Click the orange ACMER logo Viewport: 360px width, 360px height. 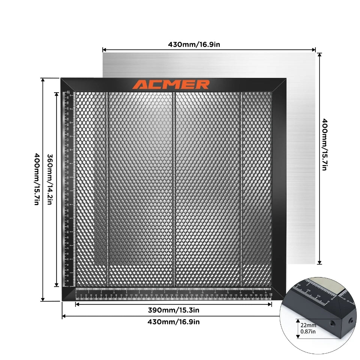coord(171,84)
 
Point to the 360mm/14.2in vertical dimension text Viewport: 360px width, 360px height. coord(49,179)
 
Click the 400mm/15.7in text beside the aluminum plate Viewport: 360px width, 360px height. coord(325,144)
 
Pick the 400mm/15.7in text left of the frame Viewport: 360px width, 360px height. coord(36,179)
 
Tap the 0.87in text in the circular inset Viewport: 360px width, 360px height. coord(308,331)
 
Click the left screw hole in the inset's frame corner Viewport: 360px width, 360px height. coord(331,322)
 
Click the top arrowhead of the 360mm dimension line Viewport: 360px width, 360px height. coord(57,94)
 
